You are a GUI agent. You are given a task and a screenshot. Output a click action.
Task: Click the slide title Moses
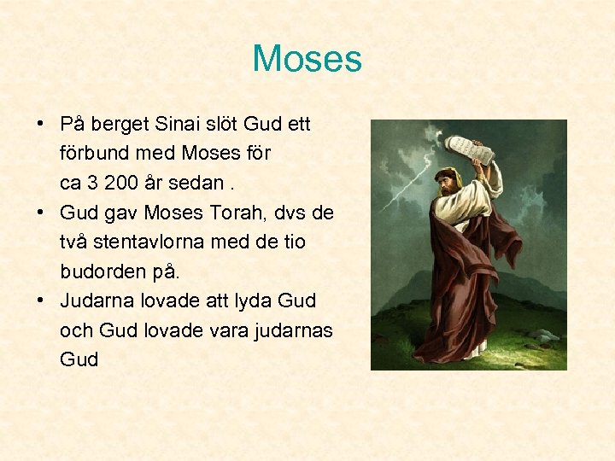point(307,59)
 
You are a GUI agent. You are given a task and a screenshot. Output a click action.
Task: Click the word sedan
point(199,184)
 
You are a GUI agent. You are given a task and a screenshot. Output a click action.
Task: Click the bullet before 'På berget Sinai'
point(41,125)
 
